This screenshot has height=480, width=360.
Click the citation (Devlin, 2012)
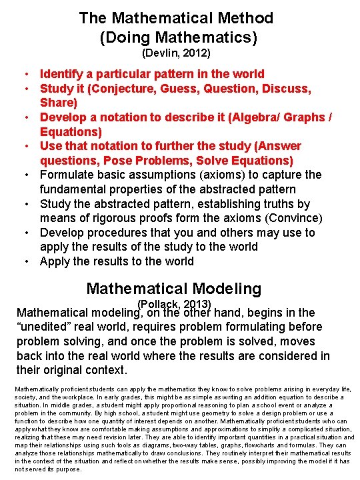[176, 52]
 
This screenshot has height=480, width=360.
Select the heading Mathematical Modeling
[174, 289]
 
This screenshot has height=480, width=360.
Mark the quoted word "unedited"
[43, 327]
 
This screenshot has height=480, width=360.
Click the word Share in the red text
[59, 103]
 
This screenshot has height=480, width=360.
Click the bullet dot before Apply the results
[23, 261]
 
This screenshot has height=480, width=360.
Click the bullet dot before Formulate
[23, 175]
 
